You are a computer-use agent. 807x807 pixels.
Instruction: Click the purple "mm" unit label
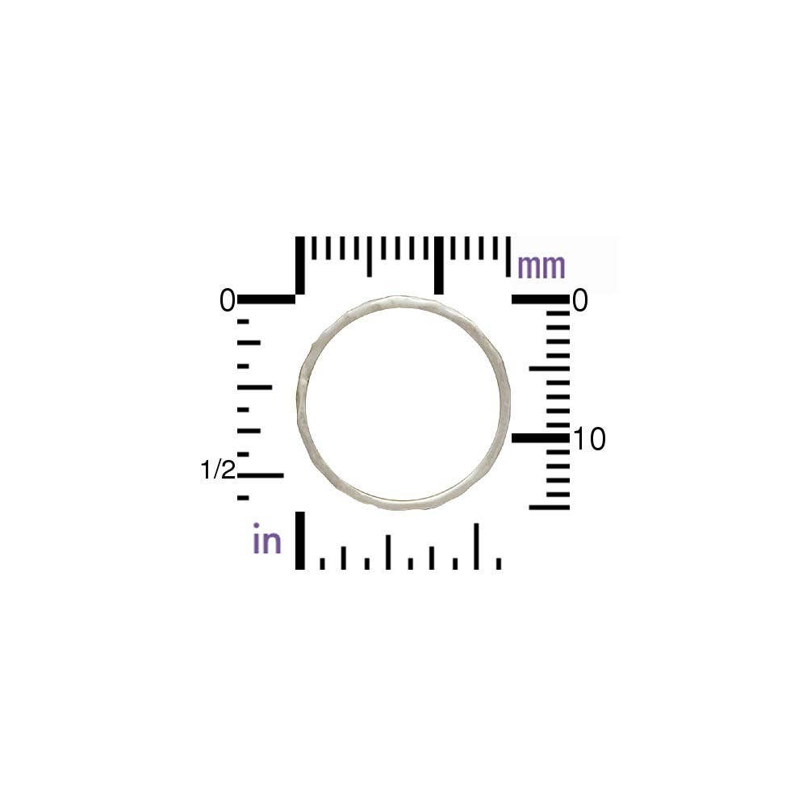(541, 266)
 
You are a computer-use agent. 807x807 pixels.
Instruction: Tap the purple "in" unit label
(267, 540)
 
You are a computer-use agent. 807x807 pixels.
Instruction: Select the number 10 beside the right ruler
(589, 440)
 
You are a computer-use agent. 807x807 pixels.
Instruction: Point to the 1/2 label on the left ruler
(218, 470)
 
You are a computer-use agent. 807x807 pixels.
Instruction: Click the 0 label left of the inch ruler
(227, 301)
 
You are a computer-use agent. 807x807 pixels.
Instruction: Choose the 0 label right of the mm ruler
(579, 301)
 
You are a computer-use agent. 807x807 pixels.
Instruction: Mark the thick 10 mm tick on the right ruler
(540, 437)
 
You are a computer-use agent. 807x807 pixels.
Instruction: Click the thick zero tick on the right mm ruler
(540, 299)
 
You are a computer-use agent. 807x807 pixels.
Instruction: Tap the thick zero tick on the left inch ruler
(266, 299)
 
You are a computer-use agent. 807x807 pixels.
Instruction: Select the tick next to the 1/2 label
(261, 475)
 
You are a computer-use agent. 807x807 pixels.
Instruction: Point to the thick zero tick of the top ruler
(300, 265)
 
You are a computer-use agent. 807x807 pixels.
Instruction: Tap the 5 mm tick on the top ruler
(370, 257)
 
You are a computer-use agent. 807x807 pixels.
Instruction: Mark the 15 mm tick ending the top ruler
(508, 257)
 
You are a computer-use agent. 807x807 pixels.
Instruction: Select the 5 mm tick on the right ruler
(550, 369)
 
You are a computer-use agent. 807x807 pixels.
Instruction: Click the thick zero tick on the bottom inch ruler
(300, 541)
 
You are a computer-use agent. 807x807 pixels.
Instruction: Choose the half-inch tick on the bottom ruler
(476, 546)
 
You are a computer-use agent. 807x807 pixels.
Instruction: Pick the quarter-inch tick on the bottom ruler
(388, 552)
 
